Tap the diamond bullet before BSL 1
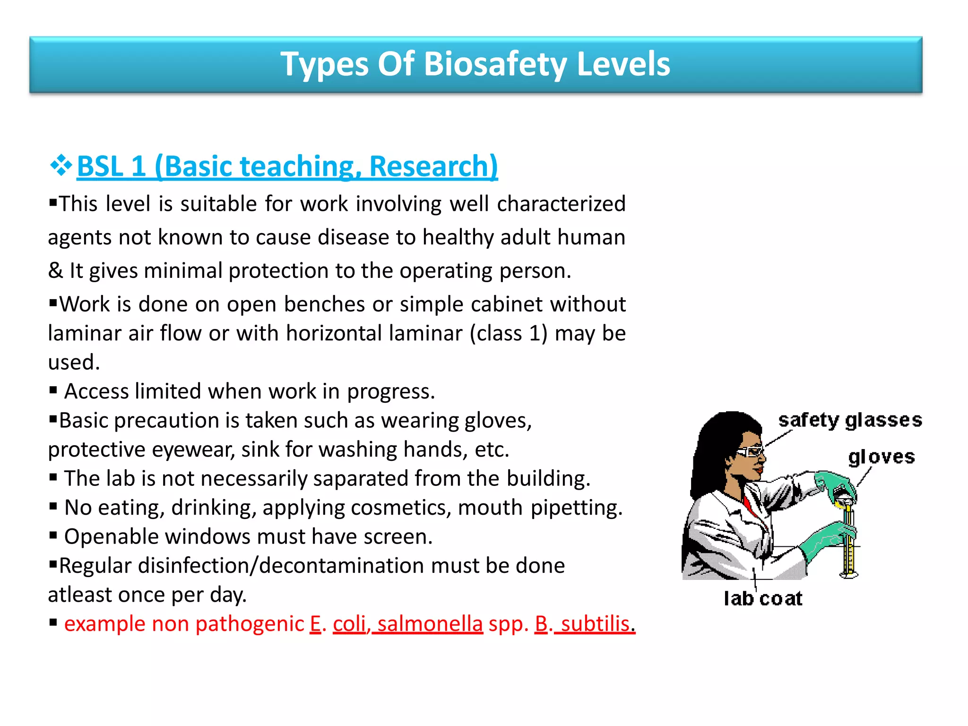[61, 165]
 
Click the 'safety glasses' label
[850, 420]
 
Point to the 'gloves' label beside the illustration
[881, 457]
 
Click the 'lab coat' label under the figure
[762, 598]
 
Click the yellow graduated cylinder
[849, 544]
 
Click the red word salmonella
[430, 624]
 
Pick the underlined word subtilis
[595, 624]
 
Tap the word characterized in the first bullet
[561, 204]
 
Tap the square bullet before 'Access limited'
[53, 390]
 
